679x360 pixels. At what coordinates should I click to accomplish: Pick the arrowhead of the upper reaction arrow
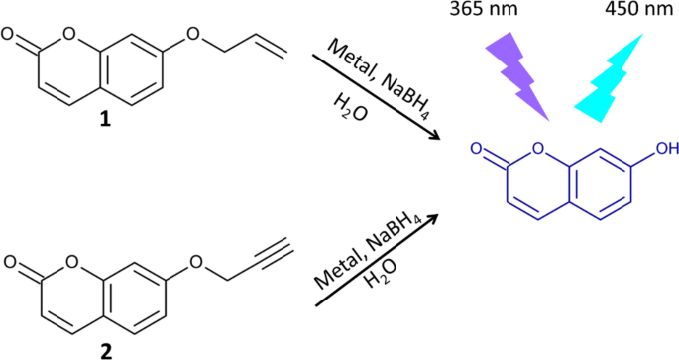(x=435, y=137)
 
